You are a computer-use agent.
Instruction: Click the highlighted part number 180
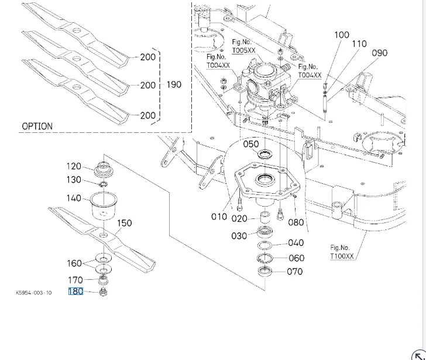coord(76,291)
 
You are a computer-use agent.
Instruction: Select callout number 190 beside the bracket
coord(174,84)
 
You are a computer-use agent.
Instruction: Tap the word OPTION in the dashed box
coord(37,126)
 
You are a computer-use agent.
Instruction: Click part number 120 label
coord(74,167)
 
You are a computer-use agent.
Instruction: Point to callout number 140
coord(74,198)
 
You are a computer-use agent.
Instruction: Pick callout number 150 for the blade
coord(125,223)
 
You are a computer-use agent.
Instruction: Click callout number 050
coord(250,144)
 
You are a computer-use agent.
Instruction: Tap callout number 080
coord(296,222)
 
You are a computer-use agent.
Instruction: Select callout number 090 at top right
coord(380,53)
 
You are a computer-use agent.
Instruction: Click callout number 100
coord(342,35)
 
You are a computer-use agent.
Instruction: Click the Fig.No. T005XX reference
coord(243,46)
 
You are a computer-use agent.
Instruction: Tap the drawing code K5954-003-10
coord(33,292)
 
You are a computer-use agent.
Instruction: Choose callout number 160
coord(74,263)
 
